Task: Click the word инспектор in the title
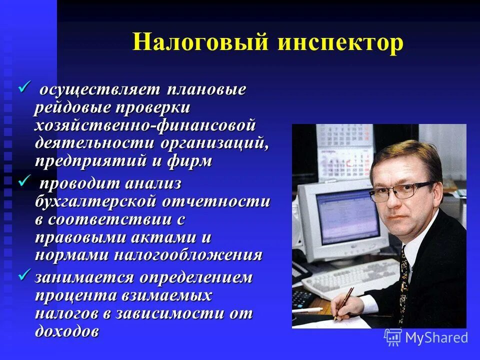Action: (x=340, y=42)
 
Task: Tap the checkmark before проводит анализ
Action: (x=24, y=182)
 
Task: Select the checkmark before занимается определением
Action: (x=24, y=274)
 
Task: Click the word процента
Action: (x=74, y=295)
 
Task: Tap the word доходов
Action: (x=67, y=331)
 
